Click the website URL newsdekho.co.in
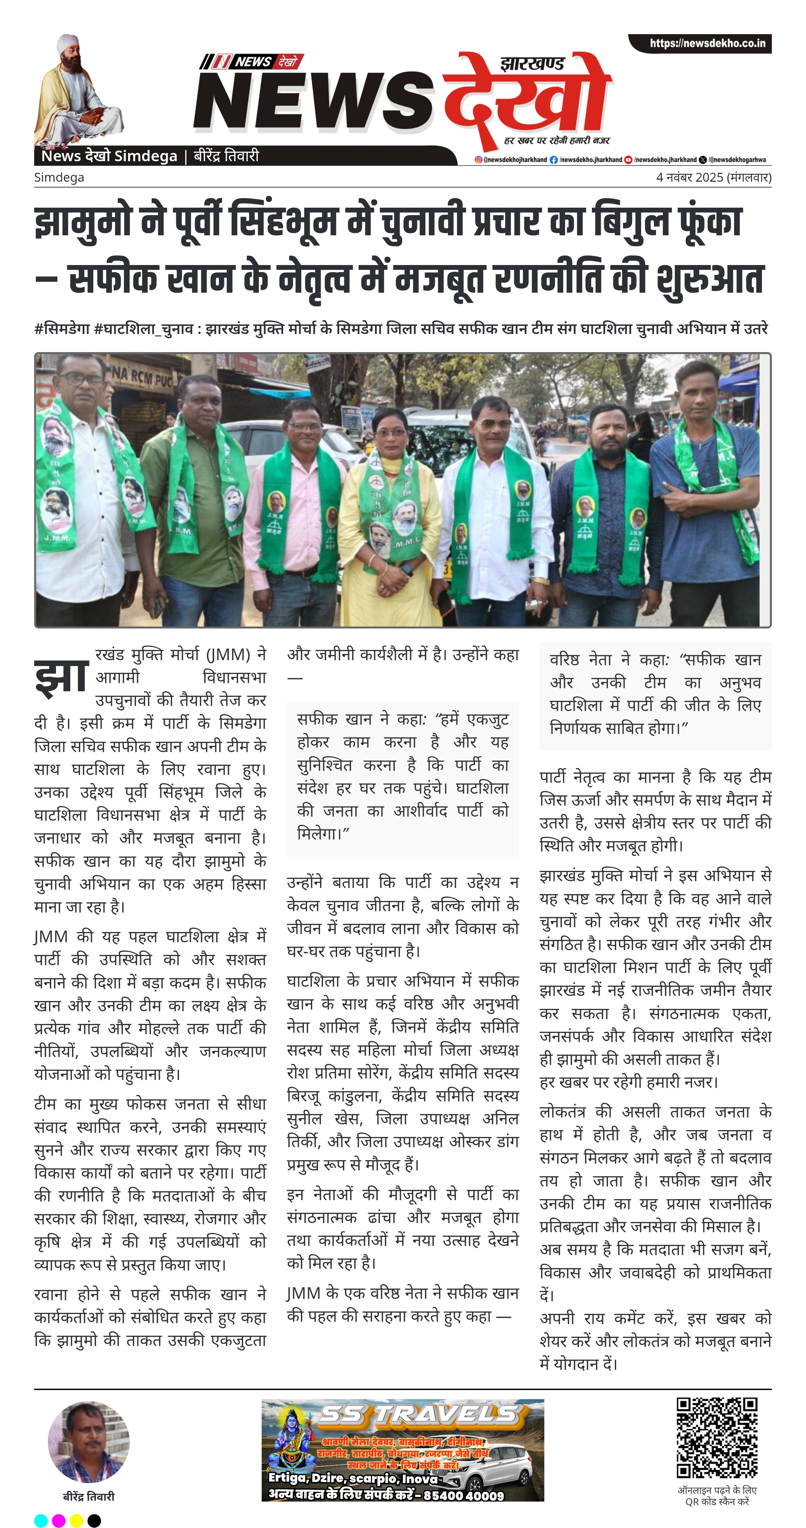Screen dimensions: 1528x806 coord(707,43)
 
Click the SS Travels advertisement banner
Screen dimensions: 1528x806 coord(403,1450)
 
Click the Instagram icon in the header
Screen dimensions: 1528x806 coord(478,159)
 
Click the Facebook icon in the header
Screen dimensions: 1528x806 coord(553,159)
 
